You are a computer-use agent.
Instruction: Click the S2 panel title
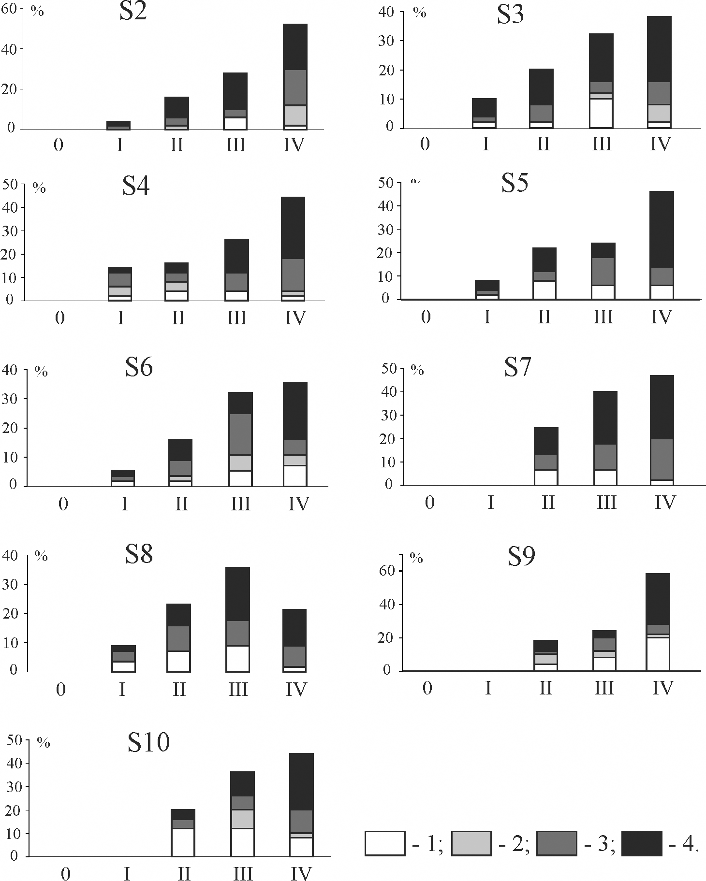click(x=133, y=12)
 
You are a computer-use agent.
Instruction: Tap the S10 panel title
click(x=148, y=742)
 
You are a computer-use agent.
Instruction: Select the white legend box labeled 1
click(x=385, y=843)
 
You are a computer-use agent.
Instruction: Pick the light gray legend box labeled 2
click(x=471, y=843)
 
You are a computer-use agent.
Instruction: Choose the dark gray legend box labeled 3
click(x=557, y=843)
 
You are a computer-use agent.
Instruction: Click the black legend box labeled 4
click(x=641, y=843)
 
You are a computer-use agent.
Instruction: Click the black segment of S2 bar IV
click(x=295, y=47)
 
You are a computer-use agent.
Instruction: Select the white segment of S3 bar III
click(x=601, y=113)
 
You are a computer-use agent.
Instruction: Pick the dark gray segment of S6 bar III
click(x=240, y=434)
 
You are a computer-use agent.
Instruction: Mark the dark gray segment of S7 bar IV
click(x=662, y=459)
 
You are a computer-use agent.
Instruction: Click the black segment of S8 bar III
click(x=237, y=593)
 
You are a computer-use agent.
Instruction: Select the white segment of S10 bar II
click(x=183, y=842)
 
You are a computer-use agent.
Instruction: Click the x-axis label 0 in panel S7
click(x=430, y=503)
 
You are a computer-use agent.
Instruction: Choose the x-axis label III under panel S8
click(x=237, y=689)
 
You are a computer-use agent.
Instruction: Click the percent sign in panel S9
click(x=416, y=559)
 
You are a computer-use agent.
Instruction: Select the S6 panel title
click(x=139, y=367)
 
